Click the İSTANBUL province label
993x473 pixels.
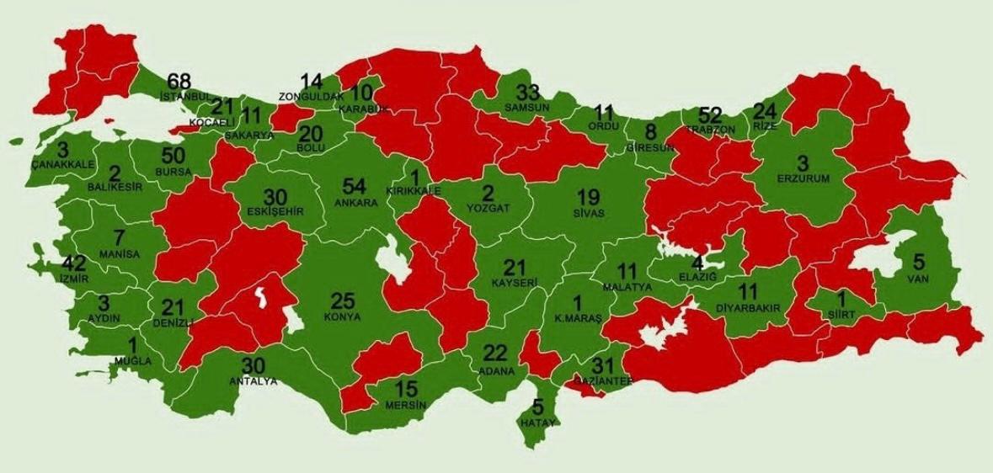184,97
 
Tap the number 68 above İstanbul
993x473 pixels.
179,82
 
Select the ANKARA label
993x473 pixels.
355,203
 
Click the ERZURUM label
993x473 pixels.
803,178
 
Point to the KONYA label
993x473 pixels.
341,317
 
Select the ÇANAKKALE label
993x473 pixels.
62,165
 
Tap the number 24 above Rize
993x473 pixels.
765,111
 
